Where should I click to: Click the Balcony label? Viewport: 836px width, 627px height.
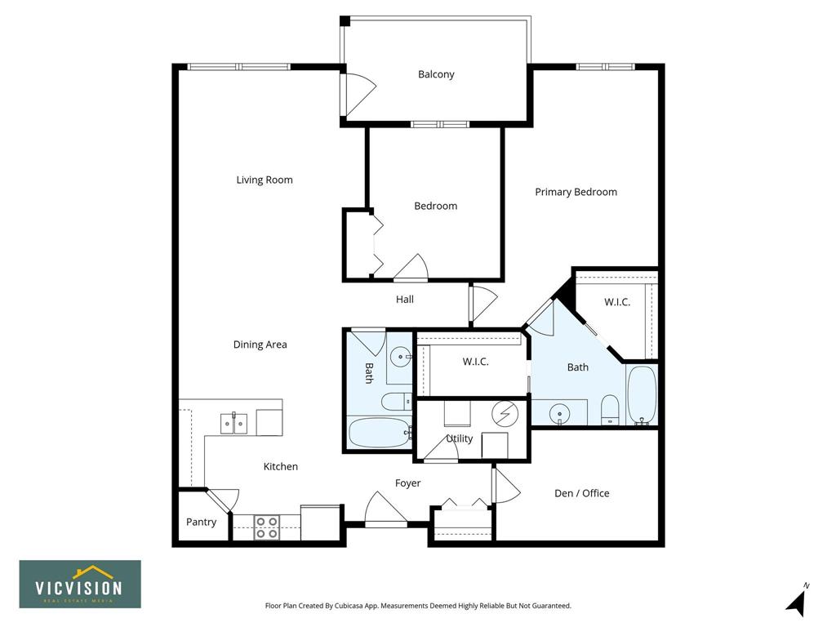tap(436, 74)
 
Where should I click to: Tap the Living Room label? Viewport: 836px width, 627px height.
tap(265, 180)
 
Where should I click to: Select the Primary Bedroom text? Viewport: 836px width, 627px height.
tap(576, 192)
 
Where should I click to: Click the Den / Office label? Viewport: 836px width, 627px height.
tap(581, 493)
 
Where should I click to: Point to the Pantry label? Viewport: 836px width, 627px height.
tap(201, 522)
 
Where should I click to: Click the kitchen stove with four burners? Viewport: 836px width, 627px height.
tap(267, 527)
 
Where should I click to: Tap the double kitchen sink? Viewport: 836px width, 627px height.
tap(234, 424)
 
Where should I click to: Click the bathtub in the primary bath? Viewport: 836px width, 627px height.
tap(642, 395)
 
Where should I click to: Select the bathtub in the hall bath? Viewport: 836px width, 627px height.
tap(379, 433)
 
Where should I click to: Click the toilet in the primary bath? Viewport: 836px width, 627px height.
tap(610, 410)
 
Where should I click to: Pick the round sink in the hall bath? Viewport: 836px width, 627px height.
tap(400, 357)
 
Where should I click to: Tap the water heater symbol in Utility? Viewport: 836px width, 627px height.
tap(505, 413)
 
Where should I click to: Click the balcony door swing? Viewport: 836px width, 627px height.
tap(360, 95)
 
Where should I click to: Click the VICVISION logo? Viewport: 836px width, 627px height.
tap(80, 584)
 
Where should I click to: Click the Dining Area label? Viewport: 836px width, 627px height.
tap(260, 345)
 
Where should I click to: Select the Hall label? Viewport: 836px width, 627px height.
tap(405, 300)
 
